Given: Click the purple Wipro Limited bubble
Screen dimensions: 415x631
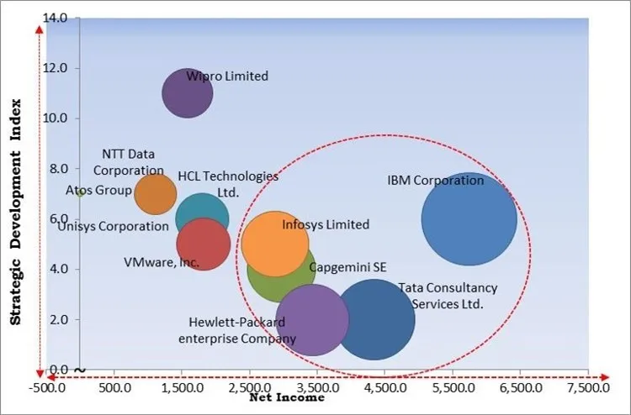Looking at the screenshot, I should pos(187,93).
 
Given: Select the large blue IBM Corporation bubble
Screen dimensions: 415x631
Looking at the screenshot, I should pos(469,218).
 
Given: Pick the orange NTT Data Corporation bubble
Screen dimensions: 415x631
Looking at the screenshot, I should pos(156,194).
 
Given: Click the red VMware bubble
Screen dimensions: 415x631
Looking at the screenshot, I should pos(204,244).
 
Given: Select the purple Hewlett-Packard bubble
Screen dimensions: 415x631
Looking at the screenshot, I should pos(312,320).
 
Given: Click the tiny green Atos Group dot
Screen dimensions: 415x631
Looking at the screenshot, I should pos(79,192).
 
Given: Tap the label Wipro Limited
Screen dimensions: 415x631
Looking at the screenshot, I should pos(227,76).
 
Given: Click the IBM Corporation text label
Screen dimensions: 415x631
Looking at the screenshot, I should pos(436,181).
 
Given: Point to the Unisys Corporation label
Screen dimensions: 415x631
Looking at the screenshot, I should pos(114,226).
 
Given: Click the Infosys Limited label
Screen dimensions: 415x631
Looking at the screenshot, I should pos(326,225).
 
